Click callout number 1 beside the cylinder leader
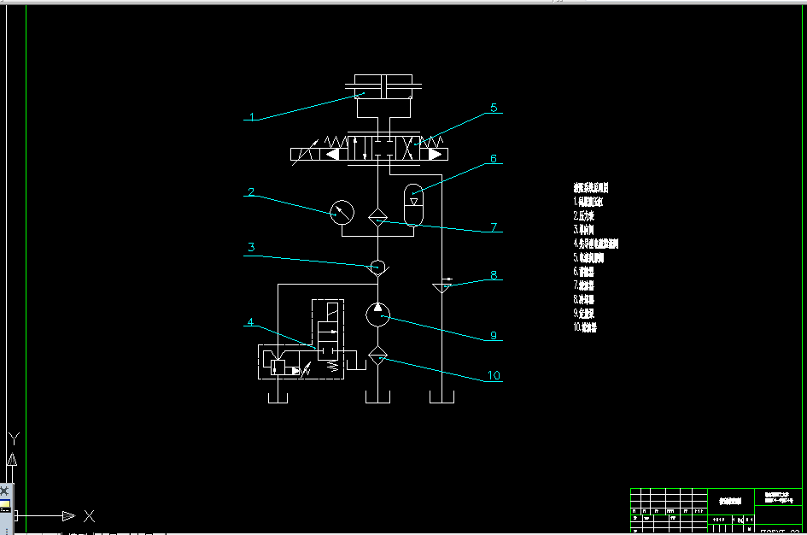(x=252, y=116)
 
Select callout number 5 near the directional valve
(x=493, y=109)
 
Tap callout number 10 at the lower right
(x=493, y=375)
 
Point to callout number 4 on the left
(x=250, y=322)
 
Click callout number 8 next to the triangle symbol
(x=493, y=275)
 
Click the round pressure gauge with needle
(x=343, y=213)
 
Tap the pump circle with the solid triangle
(x=377, y=314)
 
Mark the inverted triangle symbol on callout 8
(x=442, y=286)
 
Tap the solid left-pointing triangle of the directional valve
(x=333, y=155)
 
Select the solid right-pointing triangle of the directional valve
(x=436, y=155)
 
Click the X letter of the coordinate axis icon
(x=89, y=516)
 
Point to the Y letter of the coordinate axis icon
(x=14, y=439)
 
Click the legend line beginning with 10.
(x=585, y=326)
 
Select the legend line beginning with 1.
(x=588, y=203)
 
